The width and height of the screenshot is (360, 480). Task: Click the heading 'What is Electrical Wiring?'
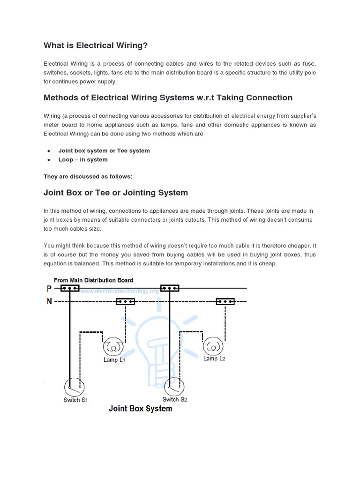coord(96,45)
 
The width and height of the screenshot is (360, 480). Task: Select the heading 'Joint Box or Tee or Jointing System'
coord(116,192)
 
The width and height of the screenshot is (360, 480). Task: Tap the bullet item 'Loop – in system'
coord(83,159)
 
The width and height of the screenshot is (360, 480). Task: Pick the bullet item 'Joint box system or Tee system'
coord(104,150)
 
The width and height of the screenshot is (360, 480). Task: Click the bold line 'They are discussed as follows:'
coord(88,176)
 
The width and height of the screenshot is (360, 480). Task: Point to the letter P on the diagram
coord(49,289)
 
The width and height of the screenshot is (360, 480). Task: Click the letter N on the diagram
coord(49,301)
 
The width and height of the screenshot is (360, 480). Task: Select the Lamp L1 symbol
coord(113,347)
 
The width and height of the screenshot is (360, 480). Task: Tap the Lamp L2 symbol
coord(213,346)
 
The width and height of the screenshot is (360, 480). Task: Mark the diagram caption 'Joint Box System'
coord(140,409)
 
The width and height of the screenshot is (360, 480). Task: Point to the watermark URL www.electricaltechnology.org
coord(120,291)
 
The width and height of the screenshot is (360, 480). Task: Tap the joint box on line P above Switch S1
coord(70,288)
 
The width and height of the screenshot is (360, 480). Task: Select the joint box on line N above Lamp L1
coord(126,301)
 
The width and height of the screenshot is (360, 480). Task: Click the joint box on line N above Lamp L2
coord(225,301)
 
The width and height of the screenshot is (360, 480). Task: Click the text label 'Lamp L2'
coord(214,359)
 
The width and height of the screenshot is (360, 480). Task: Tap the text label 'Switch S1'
coord(75,400)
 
